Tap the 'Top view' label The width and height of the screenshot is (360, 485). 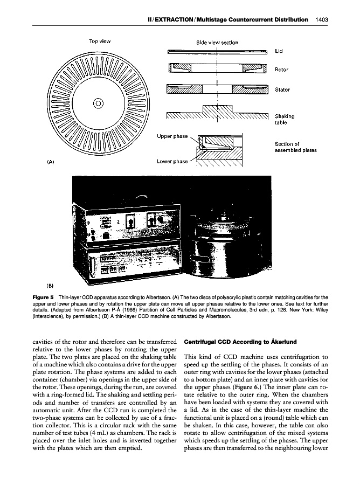click(x=100, y=41)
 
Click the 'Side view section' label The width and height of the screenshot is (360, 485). click(x=217, y=41)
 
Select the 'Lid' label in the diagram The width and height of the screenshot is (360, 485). click(x=279, y=52)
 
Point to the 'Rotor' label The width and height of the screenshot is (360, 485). click(x=281, y=70)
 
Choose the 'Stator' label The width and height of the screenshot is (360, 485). click(x=282, y=89)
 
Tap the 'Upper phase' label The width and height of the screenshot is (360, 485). click(x=172, y=136)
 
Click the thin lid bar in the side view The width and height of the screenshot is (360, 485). click(x=217, y=52)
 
